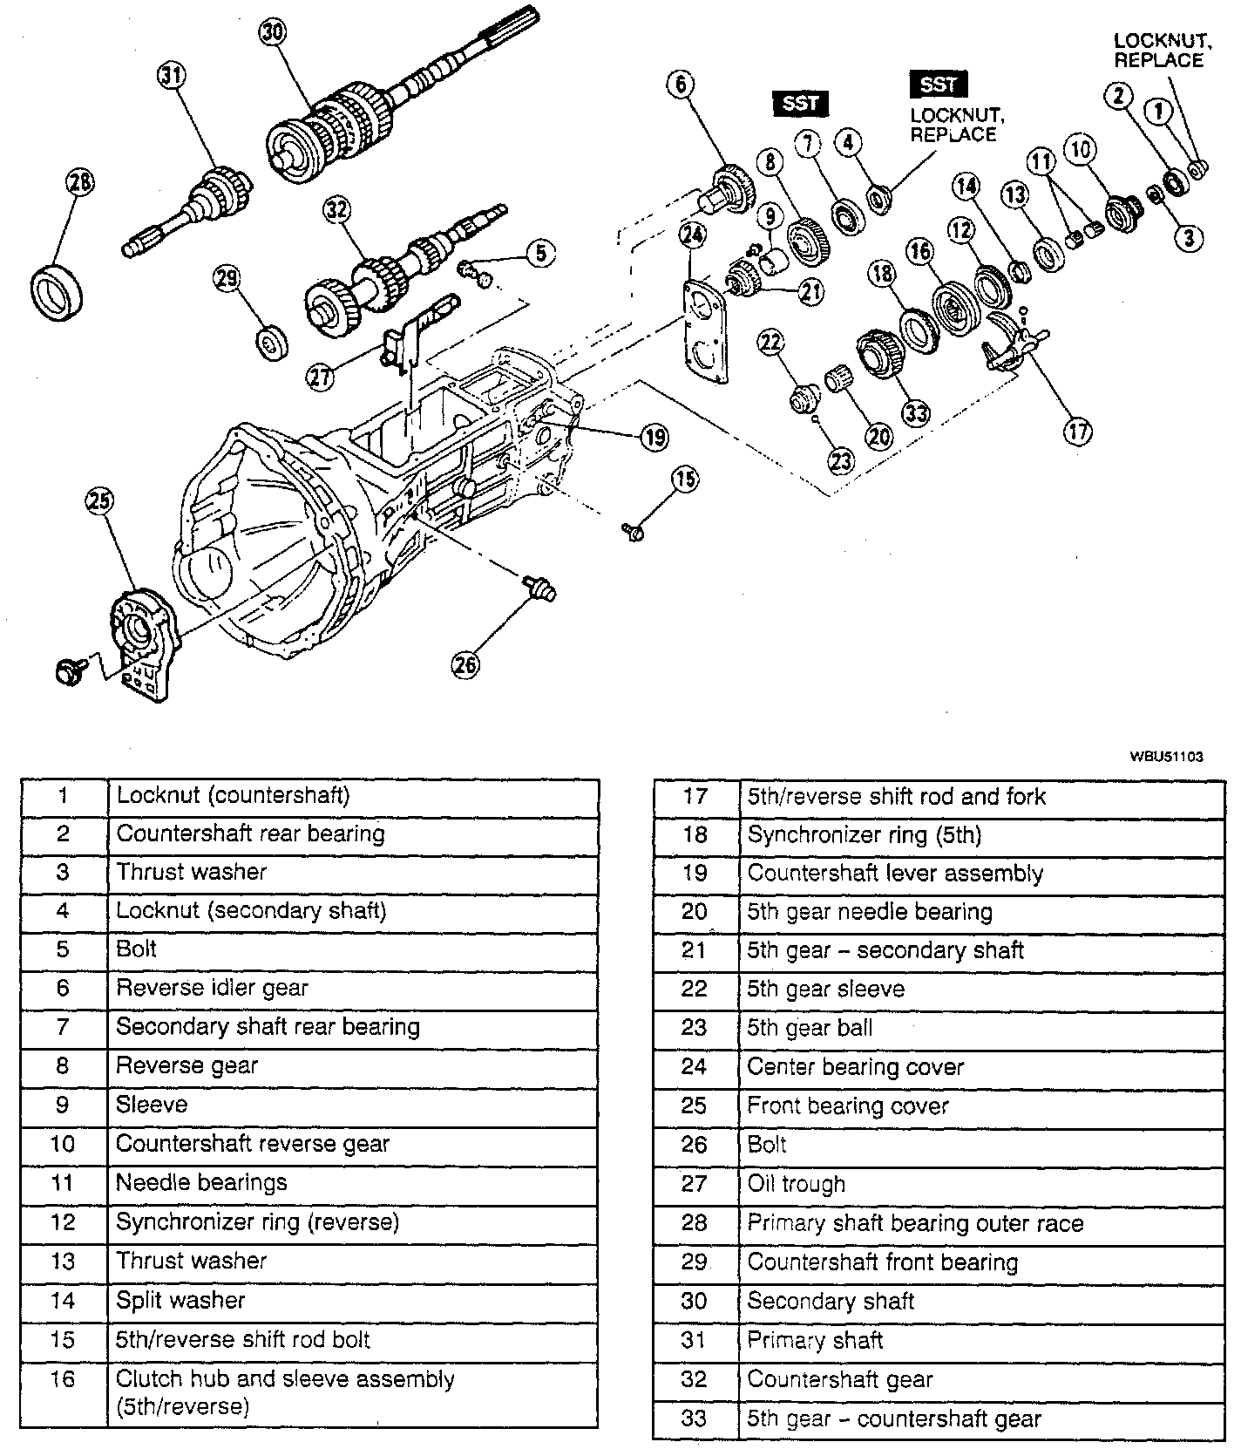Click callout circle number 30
click(272, 32)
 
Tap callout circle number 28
click(79, 183)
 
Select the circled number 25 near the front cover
click(99, 500)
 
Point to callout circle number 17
click(1078, 432)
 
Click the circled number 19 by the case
click(654, 437)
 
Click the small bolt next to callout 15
click(634, 529)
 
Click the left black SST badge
click(800, 104)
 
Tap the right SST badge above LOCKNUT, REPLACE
click(938, 85)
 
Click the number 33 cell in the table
click(695, 1418)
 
